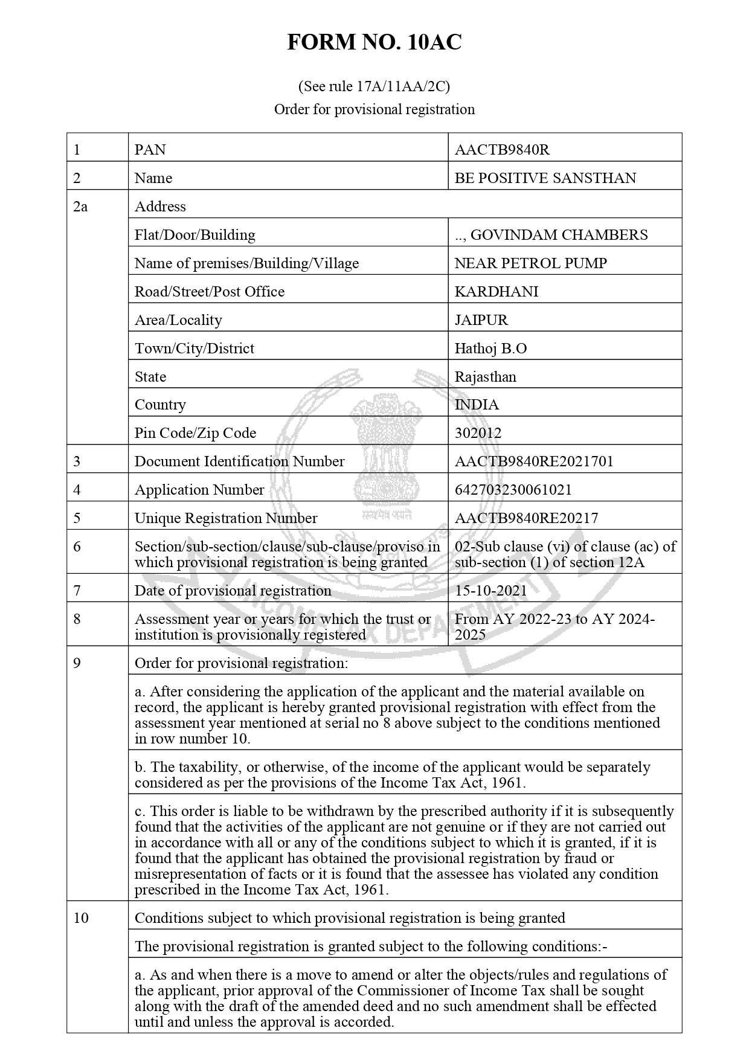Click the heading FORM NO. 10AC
[374, 42]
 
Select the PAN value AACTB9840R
[502, 149]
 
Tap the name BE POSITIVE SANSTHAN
[545, 178]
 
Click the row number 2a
[80, 207]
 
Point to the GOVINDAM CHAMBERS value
[551, 235]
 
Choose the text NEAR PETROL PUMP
[530, 263]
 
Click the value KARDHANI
[497, 292]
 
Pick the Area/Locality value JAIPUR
[481, 320]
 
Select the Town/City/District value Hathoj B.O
[490, 349]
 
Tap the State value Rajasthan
[485, 377]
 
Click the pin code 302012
[478, 433]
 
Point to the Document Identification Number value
[534, 461]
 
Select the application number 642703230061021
[513, 490]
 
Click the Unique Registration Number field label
[225, 518]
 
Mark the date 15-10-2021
[490, 591]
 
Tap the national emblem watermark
[386, 447]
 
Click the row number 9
[77, 663]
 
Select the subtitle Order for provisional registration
[374, 109]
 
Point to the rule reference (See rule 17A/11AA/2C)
[374, 86]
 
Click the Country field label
[160, 405]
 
